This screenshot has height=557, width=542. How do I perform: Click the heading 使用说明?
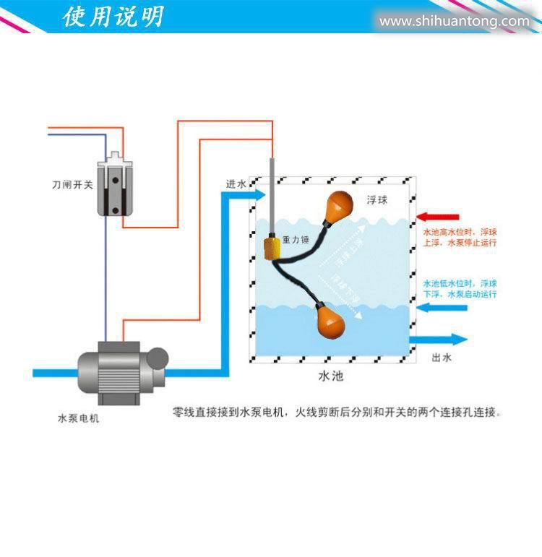click(113, 16)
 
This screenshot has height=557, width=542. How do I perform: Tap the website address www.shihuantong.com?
click(454, 21)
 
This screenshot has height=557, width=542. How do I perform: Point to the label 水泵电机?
click(78, 418)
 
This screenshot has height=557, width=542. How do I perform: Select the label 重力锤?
click(296, 238)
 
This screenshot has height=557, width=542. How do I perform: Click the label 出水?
click(442, 358)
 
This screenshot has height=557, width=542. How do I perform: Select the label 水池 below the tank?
click(330, 376)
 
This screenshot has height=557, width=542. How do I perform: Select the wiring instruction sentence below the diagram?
click(337, 413)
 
